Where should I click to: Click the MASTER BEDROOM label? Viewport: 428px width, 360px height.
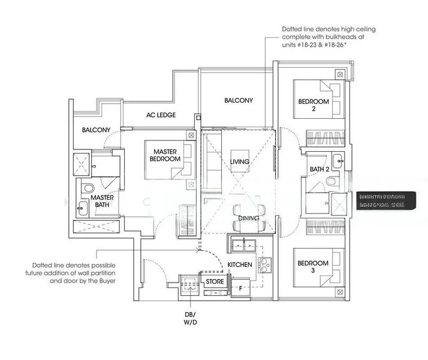(165, 155)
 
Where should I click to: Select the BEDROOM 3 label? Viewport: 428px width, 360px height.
(313, 267)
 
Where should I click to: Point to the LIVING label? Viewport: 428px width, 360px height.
(239, 161)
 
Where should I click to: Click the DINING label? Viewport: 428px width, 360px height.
(248, 218)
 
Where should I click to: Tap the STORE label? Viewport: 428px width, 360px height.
(215, 281)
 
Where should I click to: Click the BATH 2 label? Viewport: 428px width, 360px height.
(320, 170)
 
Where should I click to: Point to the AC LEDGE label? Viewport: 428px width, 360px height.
(161, 115)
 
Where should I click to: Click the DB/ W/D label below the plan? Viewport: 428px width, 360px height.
(190, 318)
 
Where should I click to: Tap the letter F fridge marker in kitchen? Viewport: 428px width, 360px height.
(241, 288)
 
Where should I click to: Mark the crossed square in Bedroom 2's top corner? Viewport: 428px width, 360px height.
(340, 74)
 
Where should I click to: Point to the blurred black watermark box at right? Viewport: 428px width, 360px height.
(381, 200)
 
